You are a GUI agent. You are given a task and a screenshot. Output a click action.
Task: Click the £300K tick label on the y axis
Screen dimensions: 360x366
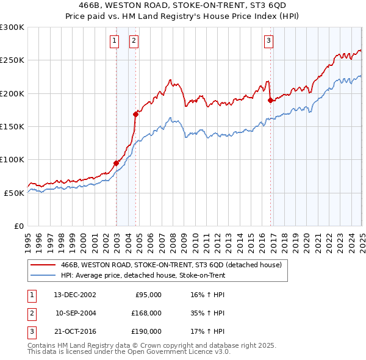coord(12,27)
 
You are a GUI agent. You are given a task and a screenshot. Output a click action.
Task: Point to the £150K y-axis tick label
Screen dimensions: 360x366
coord(12,126)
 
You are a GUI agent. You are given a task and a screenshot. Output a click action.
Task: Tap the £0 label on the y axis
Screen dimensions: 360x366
coord(19,226)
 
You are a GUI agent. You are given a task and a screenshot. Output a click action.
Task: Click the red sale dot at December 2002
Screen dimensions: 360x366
coord(116,163)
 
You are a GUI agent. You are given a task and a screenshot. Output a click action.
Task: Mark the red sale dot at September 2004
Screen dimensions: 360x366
coord(135,114)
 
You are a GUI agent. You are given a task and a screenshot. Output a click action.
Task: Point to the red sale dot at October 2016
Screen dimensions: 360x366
coord(270,100)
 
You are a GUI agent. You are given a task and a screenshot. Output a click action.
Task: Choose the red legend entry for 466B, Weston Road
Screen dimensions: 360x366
coord(171,265)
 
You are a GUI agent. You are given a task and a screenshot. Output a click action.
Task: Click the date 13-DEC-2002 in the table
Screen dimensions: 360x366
coord(75,295)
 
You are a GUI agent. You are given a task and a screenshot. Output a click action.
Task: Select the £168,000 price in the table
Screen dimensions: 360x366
coord(146,313)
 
